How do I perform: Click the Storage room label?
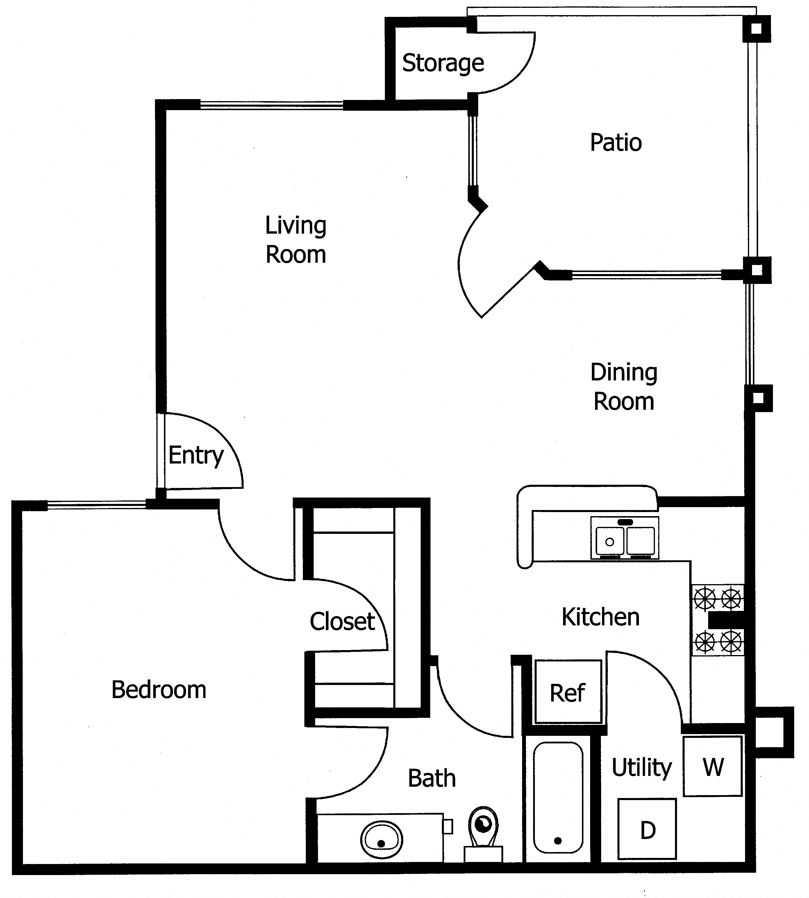[443, 63]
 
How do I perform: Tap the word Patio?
[616, 143]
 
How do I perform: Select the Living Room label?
[296, 240]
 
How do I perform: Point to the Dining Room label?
[624, 387]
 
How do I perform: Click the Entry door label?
[196, 455]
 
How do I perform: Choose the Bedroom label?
[159, 690]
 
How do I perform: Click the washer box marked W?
[712, 766]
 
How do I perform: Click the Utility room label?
[642, 767]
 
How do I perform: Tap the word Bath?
[432, 779]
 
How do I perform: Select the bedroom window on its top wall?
[97, 504]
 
